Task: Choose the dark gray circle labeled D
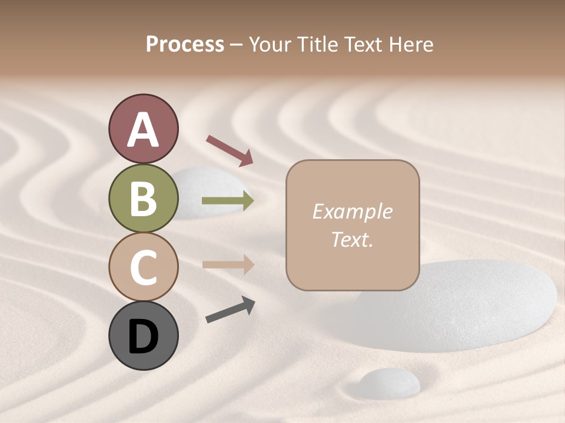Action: (x=143, y=335)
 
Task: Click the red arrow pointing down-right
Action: (x=230, y=150)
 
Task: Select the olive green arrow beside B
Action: (x=228, y=201)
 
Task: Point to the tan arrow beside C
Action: (x=228, y=264)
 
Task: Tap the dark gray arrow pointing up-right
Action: (x=230, y=310)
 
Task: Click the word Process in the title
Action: (x=185, y=44)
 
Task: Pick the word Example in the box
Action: (x=352, y=211)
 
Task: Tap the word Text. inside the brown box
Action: (x=352, y=239)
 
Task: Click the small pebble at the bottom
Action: (x=390, y=382)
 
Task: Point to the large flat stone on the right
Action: (x=471, y=305)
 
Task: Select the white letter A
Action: (x=143, y=130)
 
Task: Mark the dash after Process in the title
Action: (x=237, y=45)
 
